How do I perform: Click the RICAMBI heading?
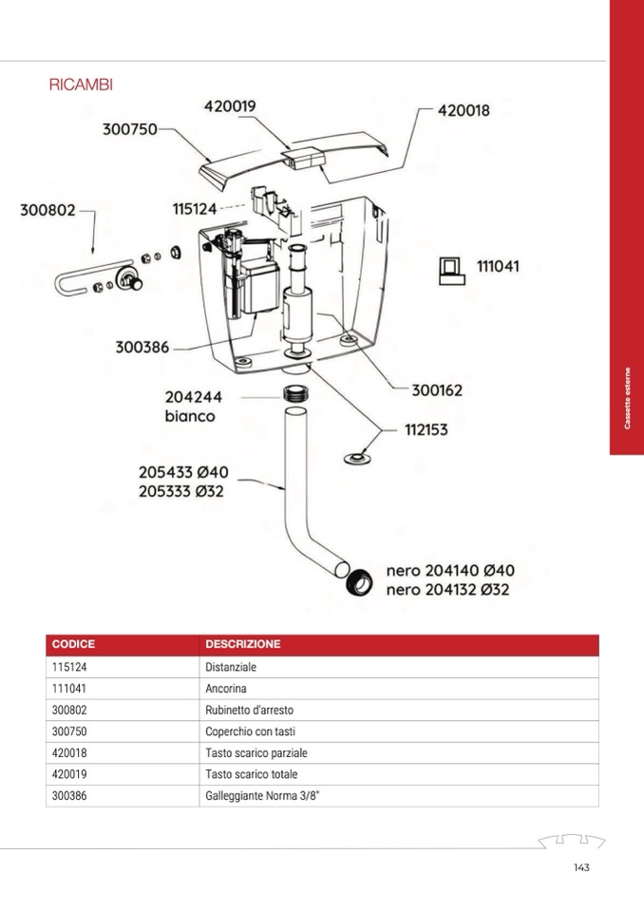(x=81, y=85)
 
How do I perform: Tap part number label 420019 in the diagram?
(x=230, y=106)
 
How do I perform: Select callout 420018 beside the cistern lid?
(x=464, y=110)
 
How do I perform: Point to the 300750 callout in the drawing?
(x=129, y=129)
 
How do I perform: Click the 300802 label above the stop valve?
(x=47, y=210)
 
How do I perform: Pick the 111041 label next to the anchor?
(x=498, y=267)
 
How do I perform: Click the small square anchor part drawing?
(x=449, y=270)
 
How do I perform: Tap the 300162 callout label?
(x=437, y=389)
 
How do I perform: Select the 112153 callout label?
(x=426, y=429)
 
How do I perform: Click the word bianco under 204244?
(x=190, y=416)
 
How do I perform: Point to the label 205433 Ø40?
(x=183, y=472)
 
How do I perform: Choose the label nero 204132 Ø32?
(x=448, y=589)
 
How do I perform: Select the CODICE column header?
(x=73, y=644)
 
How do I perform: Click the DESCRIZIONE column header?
(x=243, y=644)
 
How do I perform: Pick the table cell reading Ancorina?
(x=226, y=689)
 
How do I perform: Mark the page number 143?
(x=582, y=866)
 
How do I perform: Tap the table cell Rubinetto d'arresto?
(x=250, y=710)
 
